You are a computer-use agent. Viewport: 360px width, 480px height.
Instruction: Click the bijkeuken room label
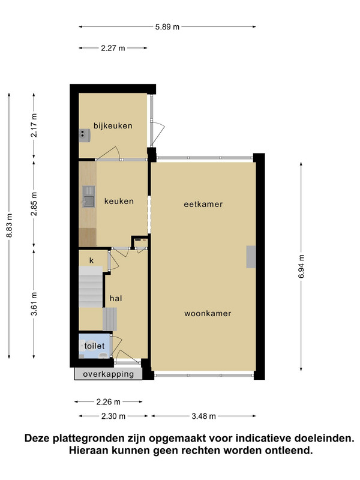[113, 126]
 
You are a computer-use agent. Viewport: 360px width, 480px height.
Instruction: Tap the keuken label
[119, 201]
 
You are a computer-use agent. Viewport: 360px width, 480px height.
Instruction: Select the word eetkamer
[203, 204]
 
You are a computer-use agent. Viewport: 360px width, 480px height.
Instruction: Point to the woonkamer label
[208, 313]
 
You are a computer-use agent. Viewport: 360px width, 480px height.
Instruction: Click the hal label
[116, 298]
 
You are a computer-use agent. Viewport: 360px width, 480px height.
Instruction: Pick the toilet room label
[94, 346]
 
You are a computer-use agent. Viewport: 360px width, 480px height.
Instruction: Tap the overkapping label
[109, 374]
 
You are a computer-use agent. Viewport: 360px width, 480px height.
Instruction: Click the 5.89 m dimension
[167, 27]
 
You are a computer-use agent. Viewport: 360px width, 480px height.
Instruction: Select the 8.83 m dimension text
[10, 226]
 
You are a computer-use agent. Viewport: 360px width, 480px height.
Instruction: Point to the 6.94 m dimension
[302, 266]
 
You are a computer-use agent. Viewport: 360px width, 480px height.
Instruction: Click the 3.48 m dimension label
[204, 416]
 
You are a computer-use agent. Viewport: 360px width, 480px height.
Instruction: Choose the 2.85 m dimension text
[34, 204]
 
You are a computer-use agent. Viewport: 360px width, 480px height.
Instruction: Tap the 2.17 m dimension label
[34, 125]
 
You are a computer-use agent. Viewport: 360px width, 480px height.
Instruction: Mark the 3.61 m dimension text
[34, 304]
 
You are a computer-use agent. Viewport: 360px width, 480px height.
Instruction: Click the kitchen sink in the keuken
[88, 197]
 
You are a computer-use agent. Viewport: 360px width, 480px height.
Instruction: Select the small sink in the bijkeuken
[85, 136]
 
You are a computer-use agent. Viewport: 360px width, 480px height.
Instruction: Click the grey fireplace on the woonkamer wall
[251, 257]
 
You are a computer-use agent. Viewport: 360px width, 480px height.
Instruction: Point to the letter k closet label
[91, 260]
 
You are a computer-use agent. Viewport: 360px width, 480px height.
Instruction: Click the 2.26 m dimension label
[109, 401]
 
